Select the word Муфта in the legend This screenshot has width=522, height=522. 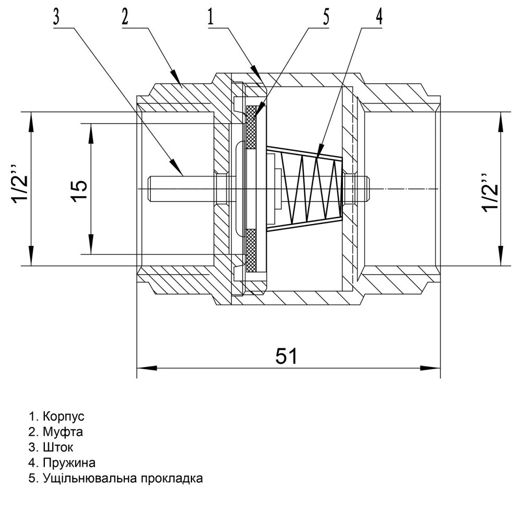tap(63, 432)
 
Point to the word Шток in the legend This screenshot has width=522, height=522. tap(58, 448)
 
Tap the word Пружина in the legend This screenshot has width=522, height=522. tap(69, 463)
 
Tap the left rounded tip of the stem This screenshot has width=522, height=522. tap(151, 189)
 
